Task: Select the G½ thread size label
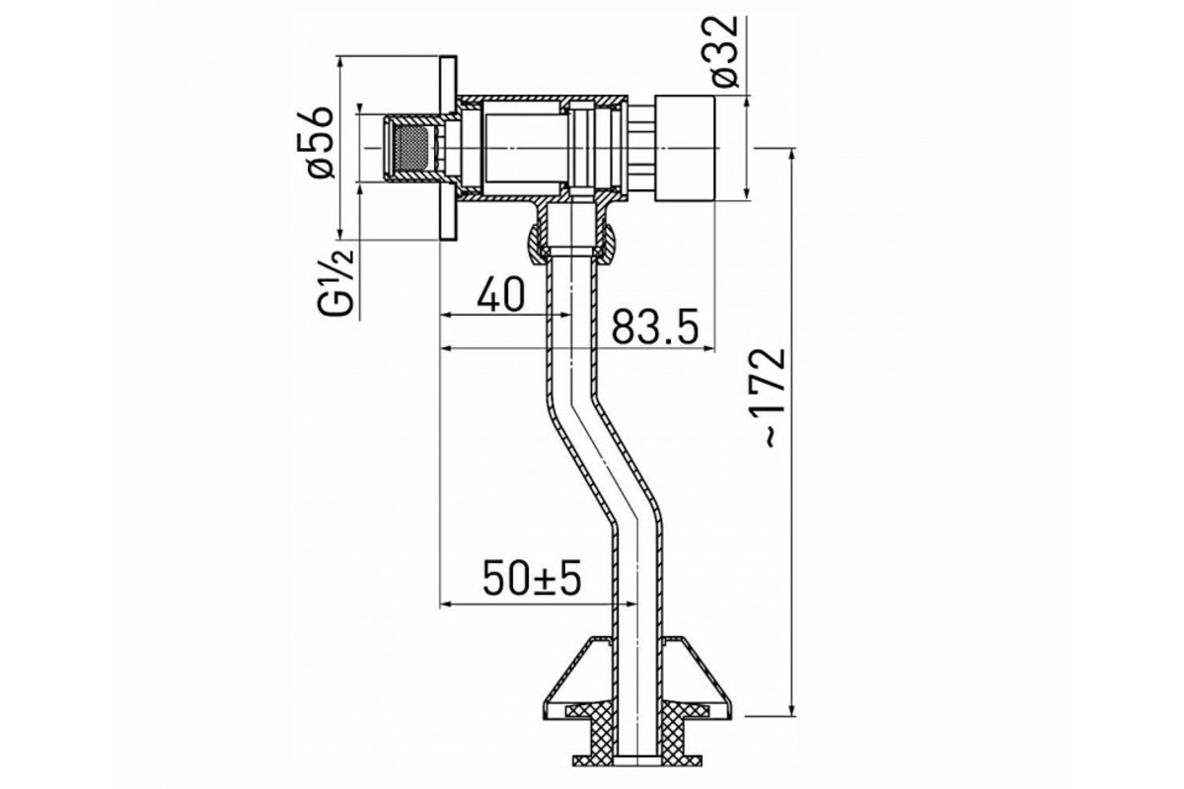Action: click(x=335, y=283)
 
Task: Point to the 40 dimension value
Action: click(x=500, y=294)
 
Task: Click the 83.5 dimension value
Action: click(x=655, y=327)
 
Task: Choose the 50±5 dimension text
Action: click(x=531, y=579)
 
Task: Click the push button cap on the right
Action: click(x=685, y=148)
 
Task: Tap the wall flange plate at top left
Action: click(x=448, y=148)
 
